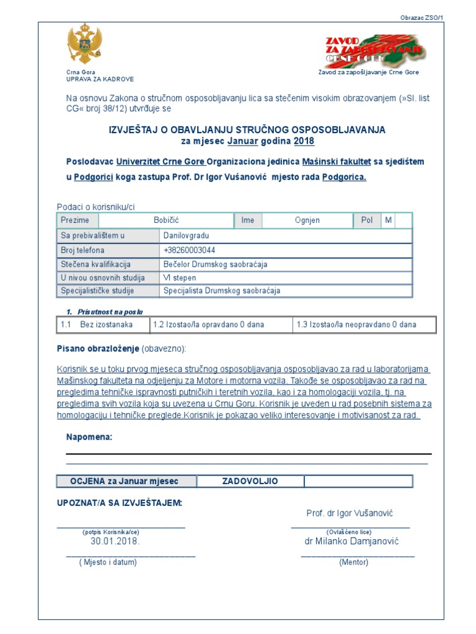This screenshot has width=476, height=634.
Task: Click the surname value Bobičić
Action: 166,220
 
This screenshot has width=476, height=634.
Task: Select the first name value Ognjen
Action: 307,220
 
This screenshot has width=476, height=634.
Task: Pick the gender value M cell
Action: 388,220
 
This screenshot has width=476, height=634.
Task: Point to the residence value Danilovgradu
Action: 187,235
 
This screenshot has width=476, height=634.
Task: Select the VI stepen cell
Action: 179,278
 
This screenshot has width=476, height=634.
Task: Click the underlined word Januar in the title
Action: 242,141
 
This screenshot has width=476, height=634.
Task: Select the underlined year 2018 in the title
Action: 304,141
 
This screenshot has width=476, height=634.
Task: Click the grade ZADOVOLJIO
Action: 250,481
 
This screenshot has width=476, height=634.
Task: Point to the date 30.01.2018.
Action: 115,541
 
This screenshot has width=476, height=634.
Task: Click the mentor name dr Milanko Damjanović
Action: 351,541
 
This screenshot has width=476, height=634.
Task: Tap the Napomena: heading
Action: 89,438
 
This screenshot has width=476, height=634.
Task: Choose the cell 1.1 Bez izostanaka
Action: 104,324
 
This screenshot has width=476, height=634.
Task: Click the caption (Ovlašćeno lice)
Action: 349,532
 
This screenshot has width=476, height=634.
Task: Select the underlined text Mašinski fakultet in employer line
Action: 337,162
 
